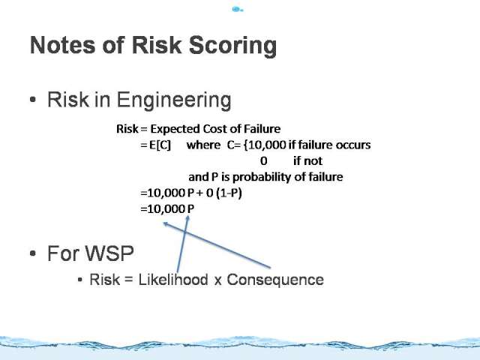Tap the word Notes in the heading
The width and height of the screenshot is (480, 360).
point(63,45)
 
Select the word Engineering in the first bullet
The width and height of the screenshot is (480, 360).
point(174,100)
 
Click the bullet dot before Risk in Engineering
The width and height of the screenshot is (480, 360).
point(33,100)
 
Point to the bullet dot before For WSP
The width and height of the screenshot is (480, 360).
point(33,253)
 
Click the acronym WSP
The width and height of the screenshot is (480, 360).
point(109,253)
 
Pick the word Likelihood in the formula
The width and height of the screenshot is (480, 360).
point(173,280)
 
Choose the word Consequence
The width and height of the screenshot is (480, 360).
point(275,280)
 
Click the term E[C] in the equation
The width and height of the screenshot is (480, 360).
point(160,145)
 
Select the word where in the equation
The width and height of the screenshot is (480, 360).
point(203,145)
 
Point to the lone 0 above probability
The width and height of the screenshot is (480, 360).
point(263,161)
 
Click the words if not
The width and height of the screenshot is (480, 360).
point(307,160)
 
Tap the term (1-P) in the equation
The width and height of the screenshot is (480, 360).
point(229,193)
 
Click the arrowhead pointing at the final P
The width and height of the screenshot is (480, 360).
point(187,218)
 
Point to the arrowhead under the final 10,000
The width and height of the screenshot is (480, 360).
point(166,224)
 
